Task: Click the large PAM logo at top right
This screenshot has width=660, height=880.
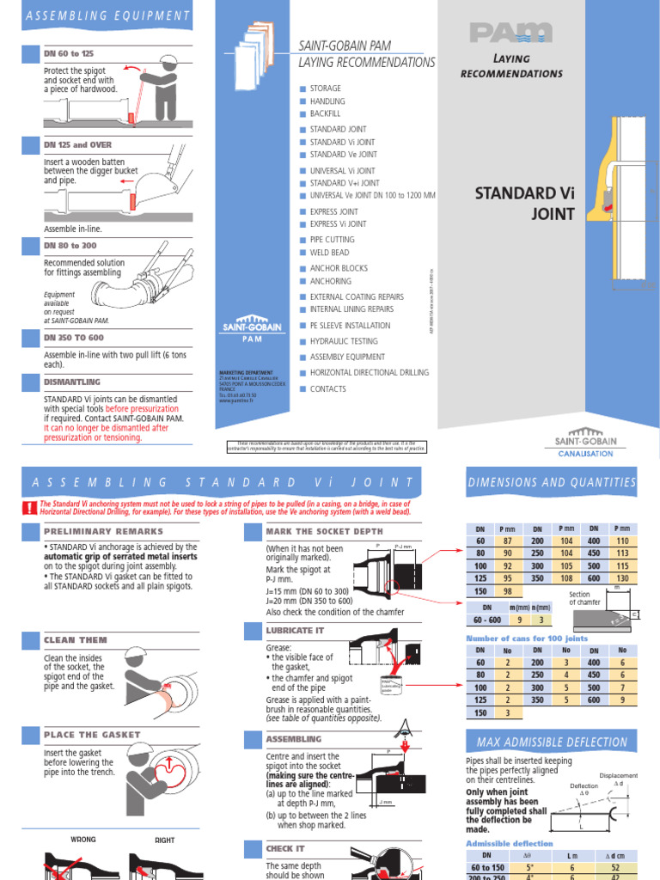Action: click(510, 33)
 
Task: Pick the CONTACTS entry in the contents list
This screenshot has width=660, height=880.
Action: click(327, 389)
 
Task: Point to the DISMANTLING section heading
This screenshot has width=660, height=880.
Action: click(72, 382)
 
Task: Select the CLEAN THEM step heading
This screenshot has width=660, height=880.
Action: click(76, 640)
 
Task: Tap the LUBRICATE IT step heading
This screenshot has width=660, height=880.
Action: click(295, 630)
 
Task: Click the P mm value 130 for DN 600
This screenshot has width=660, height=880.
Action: click(623, 579)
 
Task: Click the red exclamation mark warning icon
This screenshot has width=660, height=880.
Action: click(30, 507)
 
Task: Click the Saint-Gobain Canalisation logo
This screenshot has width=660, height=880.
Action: click(585, 443)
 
